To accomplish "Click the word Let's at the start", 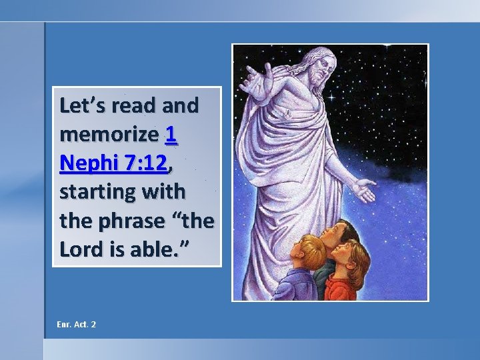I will click(83, 105).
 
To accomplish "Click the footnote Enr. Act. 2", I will click(77, 324).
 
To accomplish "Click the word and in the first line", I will click(179, 105).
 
